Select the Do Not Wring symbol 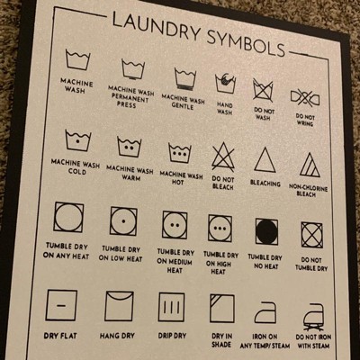click(x=305, y=98)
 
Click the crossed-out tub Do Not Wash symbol click(x=263, y=90)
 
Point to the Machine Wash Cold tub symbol click(x=77, y=140)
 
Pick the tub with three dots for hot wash click(x=179, y=153)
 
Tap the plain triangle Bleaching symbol click(x=265, y=160)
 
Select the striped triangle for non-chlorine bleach click(x=310, y=165)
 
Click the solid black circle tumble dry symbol click(x=266, y=231)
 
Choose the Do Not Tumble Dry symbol click(x=312, y=235)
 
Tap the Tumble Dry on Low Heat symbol click(x=123, y=220)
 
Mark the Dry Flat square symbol click(x=61, y=305)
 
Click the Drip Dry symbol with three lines click(x=171, y=307)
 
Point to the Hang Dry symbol click(x=119, y=306)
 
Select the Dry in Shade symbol click(x=222, y=309)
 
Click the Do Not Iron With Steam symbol click(x=314, y=318)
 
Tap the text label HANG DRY click(x=117, y=336)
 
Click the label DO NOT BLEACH click(x=222, y=183)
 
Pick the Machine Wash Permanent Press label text click(x=130, y=96)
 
